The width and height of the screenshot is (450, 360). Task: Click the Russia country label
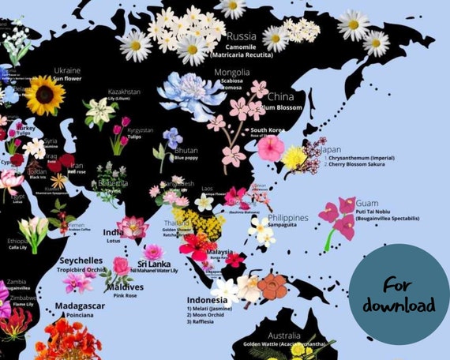tap(241, 36)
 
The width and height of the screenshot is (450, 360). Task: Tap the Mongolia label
tap(232, 73)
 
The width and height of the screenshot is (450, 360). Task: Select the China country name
tap(281, 98)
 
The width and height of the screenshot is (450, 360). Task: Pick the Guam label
tap(366, 204)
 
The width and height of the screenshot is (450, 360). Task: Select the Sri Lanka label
tap(156, 264)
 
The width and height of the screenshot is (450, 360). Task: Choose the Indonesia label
tap(208, 301)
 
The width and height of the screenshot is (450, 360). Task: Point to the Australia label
tap(283, 336)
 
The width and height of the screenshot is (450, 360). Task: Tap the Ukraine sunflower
tap(46, 96)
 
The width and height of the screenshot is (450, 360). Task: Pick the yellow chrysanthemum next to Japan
tap(294, 157)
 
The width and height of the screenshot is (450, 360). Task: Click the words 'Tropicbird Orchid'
tap(79, 268)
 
